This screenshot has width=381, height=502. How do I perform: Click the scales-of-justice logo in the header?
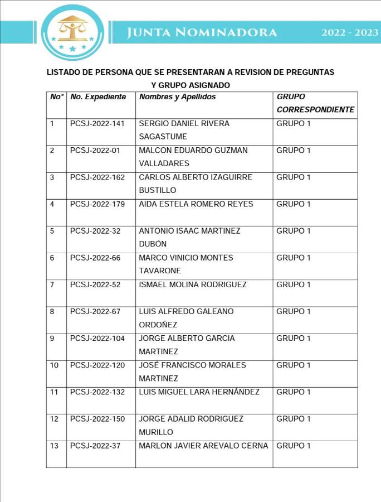point(72,32)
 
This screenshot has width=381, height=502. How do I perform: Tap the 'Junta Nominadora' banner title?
point(202,32)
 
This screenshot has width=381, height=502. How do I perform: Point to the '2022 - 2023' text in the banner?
point(350,32)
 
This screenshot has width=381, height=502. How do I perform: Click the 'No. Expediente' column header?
point(99,97)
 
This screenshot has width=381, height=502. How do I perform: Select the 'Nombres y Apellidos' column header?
point(177,97)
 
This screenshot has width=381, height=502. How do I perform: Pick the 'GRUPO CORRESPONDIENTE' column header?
point(315,103)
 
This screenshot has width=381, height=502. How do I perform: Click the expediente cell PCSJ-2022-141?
point(97,123)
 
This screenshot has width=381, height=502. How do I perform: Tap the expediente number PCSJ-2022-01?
point(95,150)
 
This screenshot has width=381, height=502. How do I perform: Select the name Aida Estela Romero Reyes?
point(196,204)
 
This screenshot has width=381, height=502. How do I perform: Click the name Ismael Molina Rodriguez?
point(192,284)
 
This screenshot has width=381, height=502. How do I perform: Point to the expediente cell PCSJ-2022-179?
point(97,204)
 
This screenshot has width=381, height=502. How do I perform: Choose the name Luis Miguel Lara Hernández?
point(199,392)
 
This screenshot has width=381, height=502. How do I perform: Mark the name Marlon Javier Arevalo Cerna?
point(203,446)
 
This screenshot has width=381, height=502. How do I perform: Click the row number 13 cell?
point(54,446)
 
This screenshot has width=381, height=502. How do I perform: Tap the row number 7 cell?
point(52,284)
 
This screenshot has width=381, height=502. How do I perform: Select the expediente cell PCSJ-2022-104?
point(97,339)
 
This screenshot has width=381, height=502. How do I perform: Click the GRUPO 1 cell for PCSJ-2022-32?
point(294,231)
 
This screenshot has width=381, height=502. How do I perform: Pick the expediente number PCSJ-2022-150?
point(97,419)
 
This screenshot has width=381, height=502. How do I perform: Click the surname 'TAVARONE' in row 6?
point(160,271)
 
